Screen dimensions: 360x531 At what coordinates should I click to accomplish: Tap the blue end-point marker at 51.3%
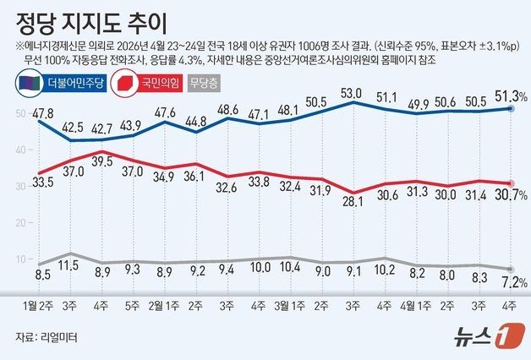tap(512, 108)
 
